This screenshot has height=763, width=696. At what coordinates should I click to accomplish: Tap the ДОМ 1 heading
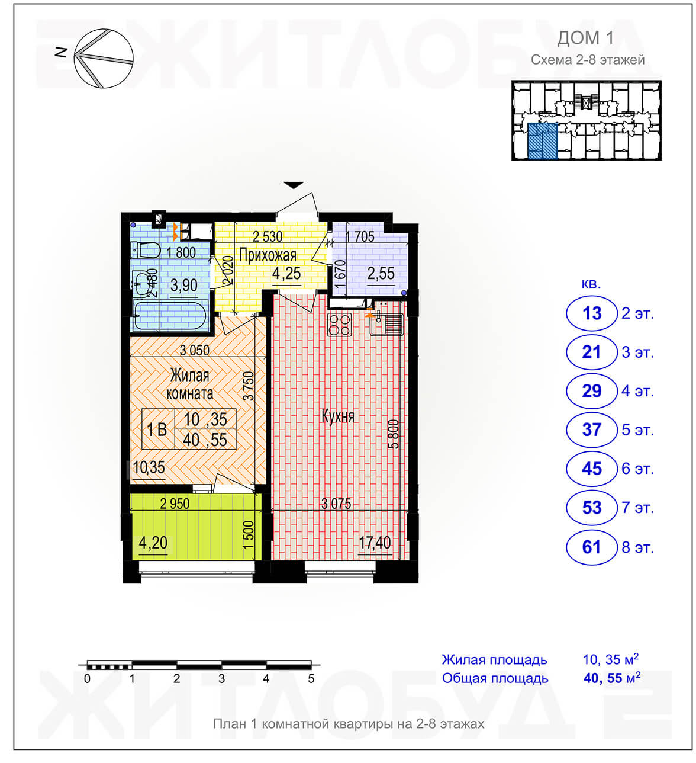tap(585, 38)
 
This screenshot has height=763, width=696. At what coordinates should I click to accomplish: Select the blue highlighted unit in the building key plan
tap(542, 141)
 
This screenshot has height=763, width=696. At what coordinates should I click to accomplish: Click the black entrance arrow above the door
tap(294, 185)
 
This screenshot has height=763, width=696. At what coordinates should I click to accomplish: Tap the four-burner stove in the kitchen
tap(340, 325)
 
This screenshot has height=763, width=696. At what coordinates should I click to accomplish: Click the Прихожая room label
tap(268, 255)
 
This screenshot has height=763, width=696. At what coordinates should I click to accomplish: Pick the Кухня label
tap(337, 416)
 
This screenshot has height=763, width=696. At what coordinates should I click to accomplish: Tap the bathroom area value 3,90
tap(184, 285)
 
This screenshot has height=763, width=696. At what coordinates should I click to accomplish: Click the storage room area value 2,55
tap(381, 274)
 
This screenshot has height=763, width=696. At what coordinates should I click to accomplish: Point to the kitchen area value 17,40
tap(375, 543)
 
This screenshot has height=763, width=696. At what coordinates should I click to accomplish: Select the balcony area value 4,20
tap(153, 543)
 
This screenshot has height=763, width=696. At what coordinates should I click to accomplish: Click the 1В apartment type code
tap(157, 430)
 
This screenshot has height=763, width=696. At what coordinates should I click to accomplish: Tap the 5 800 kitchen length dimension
tap(394, 434)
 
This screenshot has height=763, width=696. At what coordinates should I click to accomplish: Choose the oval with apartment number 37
tap(591, 430)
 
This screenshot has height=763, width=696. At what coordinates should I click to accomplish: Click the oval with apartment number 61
tap(591, 547)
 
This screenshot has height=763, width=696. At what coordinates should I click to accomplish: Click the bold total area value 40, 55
tap(603, 678)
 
